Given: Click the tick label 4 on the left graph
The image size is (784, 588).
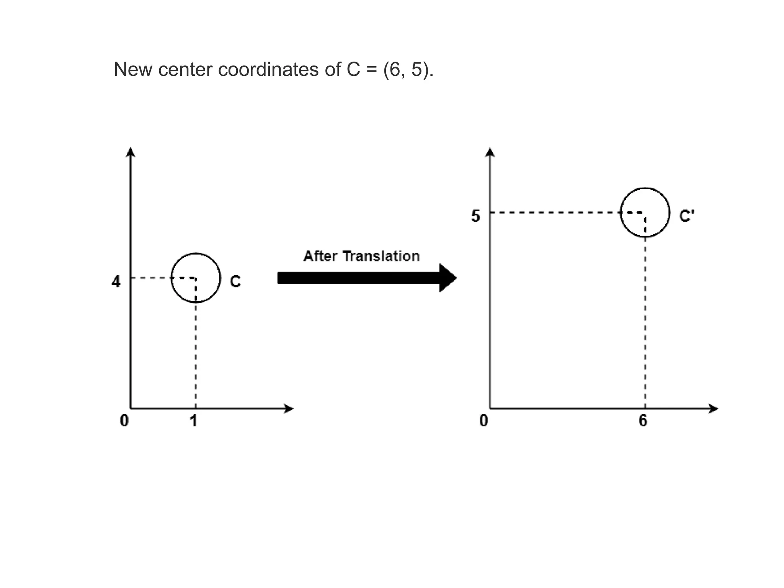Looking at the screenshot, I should click(116, 282).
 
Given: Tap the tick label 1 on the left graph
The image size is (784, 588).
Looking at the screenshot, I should click(194, 421).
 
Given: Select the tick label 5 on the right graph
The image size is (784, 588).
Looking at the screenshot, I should click(475, 216).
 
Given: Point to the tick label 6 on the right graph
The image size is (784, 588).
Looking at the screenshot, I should click(643, 421).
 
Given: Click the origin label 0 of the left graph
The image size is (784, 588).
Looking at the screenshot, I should click(124, 421).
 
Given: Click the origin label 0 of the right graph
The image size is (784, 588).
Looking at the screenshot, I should click(484, 421).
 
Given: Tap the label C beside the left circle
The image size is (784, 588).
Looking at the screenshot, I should click(235, 282).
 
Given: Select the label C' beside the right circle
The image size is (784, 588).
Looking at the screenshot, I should click(686, 216).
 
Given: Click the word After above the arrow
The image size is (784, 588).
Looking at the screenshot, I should click(320, 256).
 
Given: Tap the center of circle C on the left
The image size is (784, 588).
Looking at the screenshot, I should click(196, 278).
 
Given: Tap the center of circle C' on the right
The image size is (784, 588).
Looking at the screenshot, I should click(645, 212).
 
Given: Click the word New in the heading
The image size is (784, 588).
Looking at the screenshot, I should click(133, 70).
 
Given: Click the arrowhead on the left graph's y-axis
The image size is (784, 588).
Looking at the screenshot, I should click(131, 152).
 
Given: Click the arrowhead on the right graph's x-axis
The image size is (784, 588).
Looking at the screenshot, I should click(713, 409).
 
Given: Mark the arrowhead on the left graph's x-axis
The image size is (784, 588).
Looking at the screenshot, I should click(288, 409).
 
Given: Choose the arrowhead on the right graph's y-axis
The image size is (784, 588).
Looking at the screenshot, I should click(490, 152).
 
